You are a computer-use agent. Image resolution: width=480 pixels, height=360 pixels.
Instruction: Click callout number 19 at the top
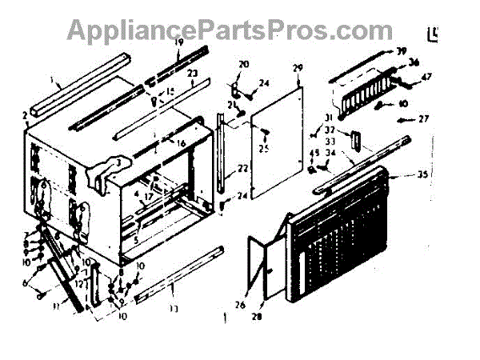coord(179,42)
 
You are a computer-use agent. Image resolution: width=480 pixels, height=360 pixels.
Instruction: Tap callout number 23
coord(193,73)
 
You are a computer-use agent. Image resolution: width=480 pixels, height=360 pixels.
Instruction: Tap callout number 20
coord(243,64)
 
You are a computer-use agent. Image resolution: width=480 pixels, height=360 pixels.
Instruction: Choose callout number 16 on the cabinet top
coord(180,143)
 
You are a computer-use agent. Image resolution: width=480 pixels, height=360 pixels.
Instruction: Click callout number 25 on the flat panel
coord(265,148)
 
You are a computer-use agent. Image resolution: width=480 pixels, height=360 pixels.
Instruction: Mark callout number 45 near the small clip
coord(314,154)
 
